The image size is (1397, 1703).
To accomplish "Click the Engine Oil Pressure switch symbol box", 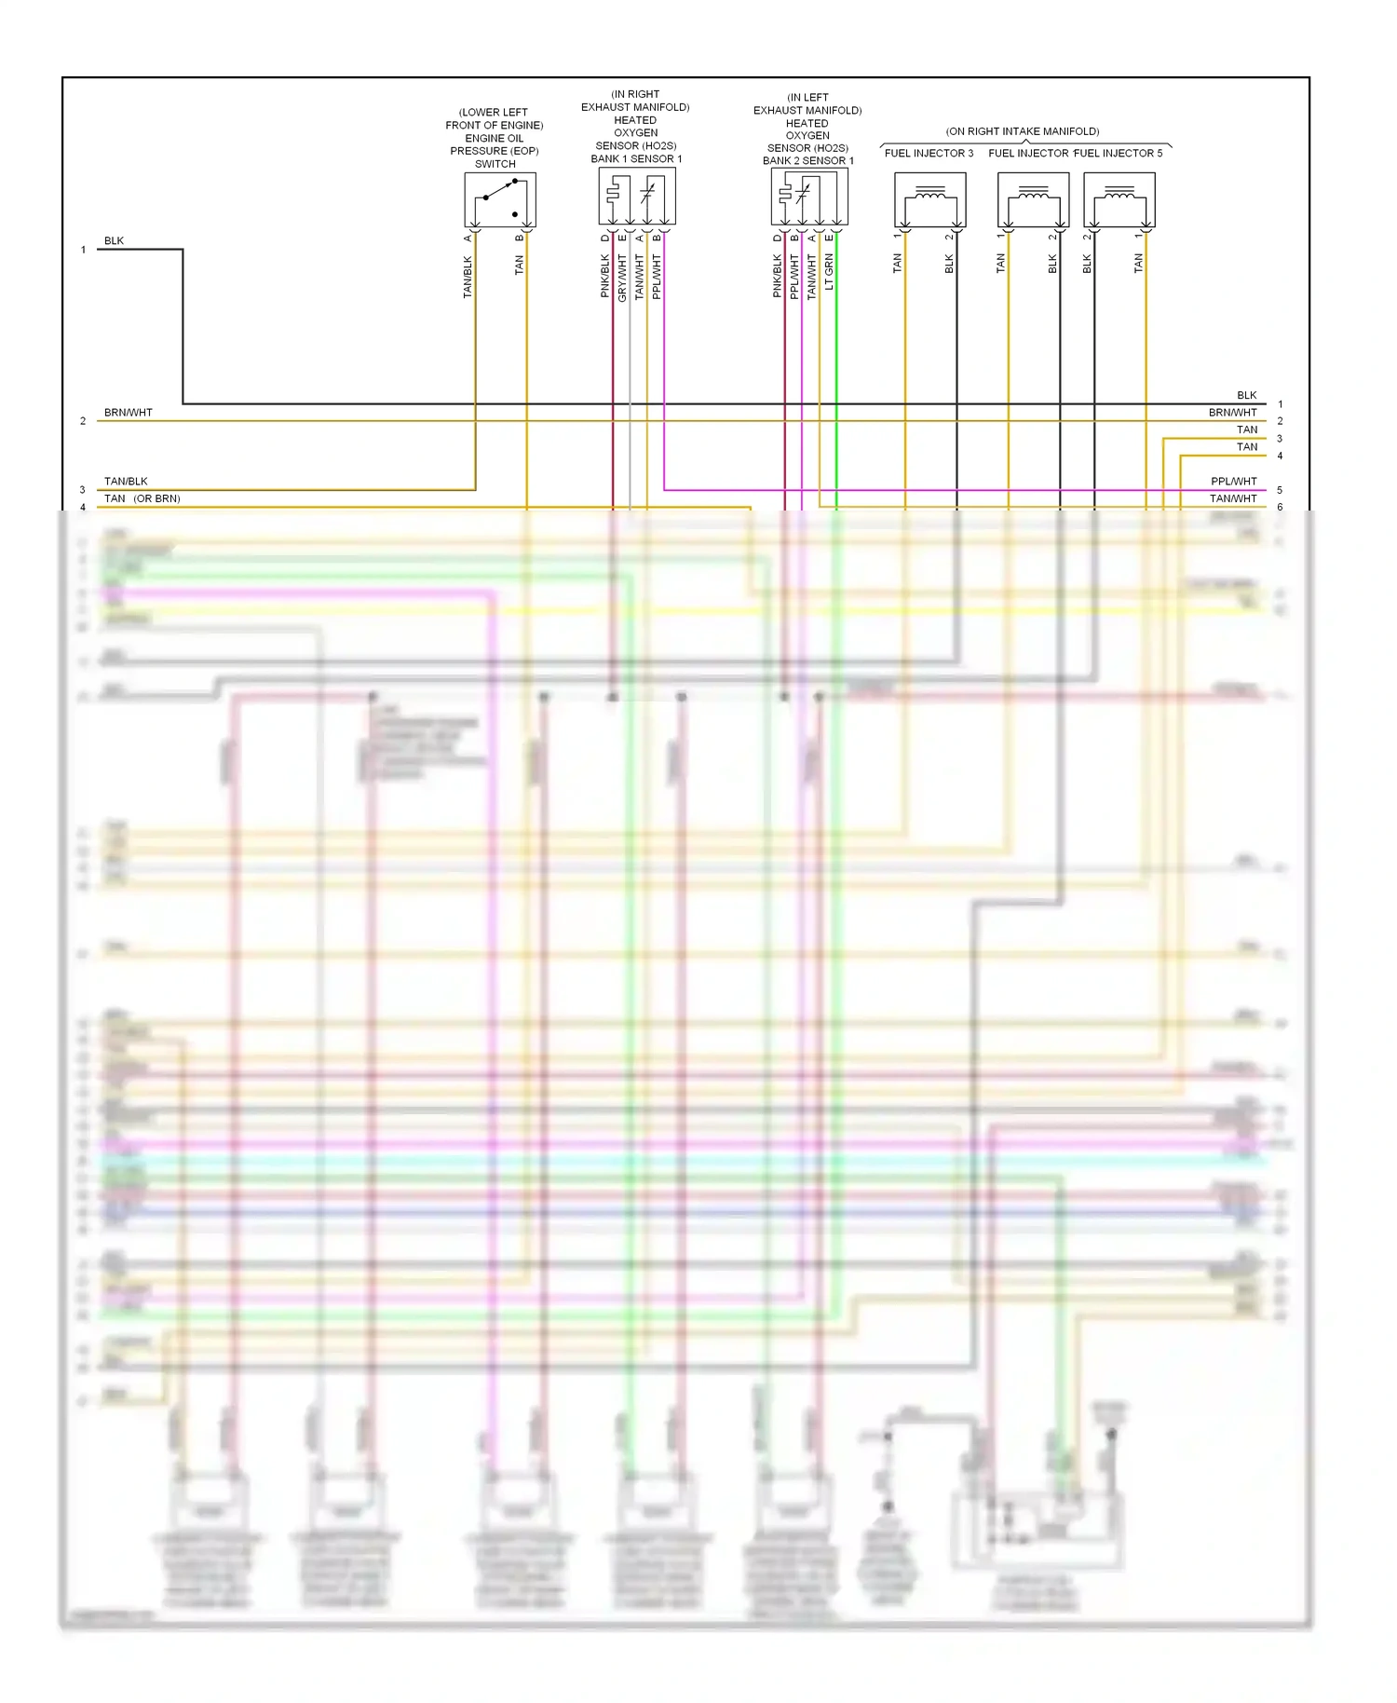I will pyautogui.click(x=500, y=198).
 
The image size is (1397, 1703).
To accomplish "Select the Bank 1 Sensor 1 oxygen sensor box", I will pyautogui.click(x=636, y=197).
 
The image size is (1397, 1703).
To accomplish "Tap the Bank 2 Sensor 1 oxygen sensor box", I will pyautogui.click(x=808, y=197).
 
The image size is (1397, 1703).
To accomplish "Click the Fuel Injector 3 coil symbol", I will pyautogui.click(x=929, y=199).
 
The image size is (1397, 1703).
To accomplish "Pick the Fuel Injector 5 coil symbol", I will pyautogui.click(x=1119, y=199).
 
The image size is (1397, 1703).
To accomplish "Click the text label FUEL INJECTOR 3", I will pyautogui.click(x=929, y=153).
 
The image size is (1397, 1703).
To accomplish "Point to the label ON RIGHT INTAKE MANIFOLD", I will pyautogui.click(x=1023, y=131).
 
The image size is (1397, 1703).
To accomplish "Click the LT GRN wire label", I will pyautogui.click(x=829, y=272).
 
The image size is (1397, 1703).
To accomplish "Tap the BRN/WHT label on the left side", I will pyautogui.click(x=129, y=413).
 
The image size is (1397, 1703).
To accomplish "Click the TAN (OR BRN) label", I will pyautogui.click(x=142, y=498).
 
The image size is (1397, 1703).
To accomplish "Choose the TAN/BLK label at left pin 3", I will pyautogui.click(x=126, y=482).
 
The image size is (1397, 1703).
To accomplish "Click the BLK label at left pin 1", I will pyautogui.click(x=114, y=241).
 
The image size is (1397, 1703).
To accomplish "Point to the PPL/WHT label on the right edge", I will pyautogui.click(x=1233, y=482).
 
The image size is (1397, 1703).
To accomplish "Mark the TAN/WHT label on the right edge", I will pyautogui.click(x=1233, y=498).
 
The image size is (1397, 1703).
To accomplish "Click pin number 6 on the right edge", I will pyautogui.click(x=1280, y=507).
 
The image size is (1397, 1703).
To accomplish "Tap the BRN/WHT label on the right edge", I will pyautogui.click(x=1232, y=413).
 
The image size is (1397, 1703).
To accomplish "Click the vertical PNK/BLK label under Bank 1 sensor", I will pyautogui.click(x=604, y=277).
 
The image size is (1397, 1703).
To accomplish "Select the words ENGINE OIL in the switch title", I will pyautogui.click(x=494, y=138).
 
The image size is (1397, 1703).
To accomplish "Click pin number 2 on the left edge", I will pyautogui.click(x=83, y=421).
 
